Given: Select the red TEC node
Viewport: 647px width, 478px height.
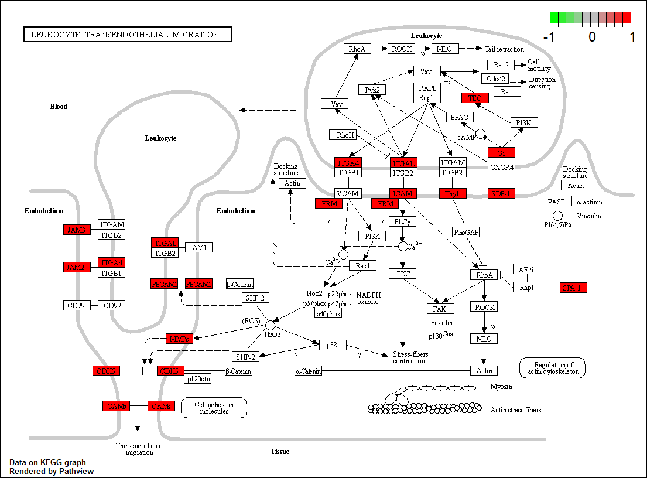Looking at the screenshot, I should click(475, 98).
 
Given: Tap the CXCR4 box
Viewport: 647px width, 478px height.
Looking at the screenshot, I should click(501, 167).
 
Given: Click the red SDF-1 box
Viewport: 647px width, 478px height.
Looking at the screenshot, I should click(501, 193).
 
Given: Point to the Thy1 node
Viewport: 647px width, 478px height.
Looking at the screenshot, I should click(453, 193).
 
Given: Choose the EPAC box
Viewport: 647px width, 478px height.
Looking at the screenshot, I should click(460, 117).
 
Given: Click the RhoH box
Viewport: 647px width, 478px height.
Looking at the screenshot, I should click(345, 135).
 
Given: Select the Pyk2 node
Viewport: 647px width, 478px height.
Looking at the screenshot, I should click(372, 90).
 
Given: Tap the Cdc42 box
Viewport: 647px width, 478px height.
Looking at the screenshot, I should click(496, 78).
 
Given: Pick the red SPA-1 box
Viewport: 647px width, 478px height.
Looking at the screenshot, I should click(573, 288).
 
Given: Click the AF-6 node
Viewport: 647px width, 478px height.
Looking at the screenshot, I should click(526, 269).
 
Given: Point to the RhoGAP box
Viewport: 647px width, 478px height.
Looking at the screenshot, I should click(466, 233).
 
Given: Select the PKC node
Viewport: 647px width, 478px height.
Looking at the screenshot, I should click(403, 274).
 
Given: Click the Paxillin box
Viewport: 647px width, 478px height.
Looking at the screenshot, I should click(441, 322).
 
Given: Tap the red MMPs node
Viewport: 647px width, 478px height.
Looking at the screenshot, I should click(179, 339).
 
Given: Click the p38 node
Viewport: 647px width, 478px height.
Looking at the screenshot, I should click(332, 344).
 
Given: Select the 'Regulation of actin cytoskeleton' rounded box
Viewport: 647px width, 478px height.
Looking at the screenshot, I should click(552, 367).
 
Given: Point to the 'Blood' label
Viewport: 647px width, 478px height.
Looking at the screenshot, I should click(59, 107).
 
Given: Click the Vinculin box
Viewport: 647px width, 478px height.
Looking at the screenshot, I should click(589, 216).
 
